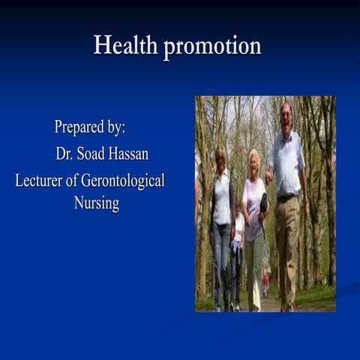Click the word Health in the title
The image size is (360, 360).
125,46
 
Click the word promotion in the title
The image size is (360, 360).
212,47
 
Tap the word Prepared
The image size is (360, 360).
78,127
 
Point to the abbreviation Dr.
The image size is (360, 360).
64,154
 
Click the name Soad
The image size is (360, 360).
92,154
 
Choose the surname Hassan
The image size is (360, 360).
133,154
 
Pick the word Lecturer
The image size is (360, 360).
42,181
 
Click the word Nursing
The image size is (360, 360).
96,203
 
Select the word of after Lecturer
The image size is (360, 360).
79,181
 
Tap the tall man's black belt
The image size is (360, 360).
286,198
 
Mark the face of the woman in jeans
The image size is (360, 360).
220,158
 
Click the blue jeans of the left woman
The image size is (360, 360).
221,255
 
